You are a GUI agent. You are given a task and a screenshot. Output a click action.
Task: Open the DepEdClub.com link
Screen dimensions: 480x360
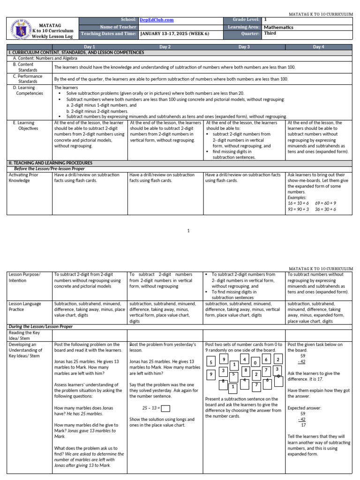[x=156, y=20]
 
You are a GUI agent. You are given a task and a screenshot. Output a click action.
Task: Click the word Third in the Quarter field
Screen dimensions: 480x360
[x=270, y=33]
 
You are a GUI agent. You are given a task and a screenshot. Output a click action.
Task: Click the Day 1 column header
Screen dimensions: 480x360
[x=89, y=47]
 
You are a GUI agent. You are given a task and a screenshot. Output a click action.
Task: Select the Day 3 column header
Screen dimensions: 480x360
[x=244, y=47]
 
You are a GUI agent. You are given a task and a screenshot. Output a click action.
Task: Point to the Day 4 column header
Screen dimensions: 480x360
[x=319, y=47]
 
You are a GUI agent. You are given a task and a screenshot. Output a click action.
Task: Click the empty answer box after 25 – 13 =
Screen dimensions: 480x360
[x=165, y=408]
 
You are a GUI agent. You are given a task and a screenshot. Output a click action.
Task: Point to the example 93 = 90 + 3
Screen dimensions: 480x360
[x=298, y=210]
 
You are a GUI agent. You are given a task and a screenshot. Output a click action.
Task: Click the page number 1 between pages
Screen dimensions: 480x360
[x=188, y=231]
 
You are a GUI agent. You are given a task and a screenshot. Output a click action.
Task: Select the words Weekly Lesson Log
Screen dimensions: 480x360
[x=56, y=36]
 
